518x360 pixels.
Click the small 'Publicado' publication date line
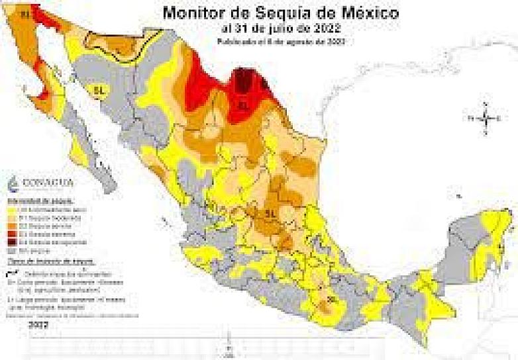[282, 41]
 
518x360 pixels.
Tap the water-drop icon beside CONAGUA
[16, 183]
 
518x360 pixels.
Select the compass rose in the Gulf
[486, 119]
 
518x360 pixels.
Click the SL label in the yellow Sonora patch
[99, 89]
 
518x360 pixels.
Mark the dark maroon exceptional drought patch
[244, 82]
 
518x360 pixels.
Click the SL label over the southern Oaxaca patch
[332, 300]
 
